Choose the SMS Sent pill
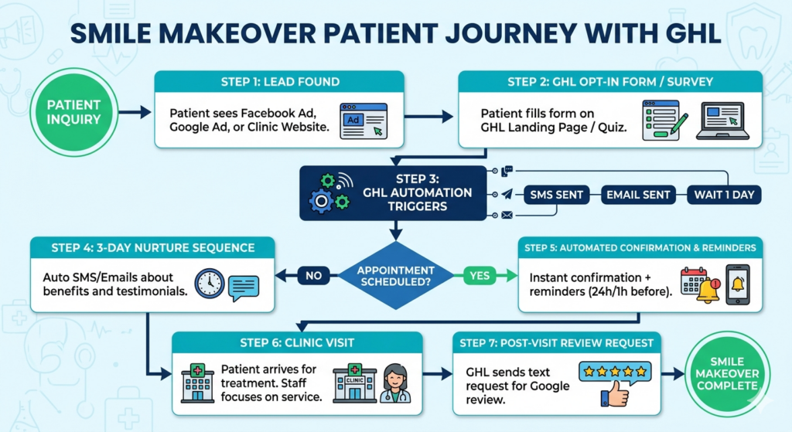click(x=556, y=195)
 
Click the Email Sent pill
click(x=638, y=195)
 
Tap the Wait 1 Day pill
click(x=722, y=195)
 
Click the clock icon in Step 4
click(x=209, y=284)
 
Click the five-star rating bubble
click(x=616, y=372)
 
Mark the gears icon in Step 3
click(x=325, y=194)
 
